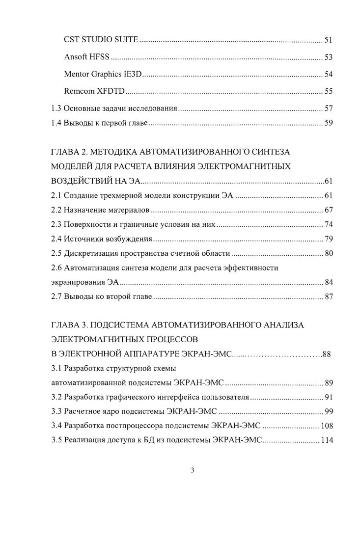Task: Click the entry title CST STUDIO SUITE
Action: pos(101,39)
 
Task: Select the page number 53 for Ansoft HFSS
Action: pos(329,57)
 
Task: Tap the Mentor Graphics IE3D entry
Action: pos(103,75)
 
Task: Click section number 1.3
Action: pos(56,108)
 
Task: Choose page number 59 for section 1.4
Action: pos(329,123)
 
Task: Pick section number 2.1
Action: pos(56,196)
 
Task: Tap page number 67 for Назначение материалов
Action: pos(329,211)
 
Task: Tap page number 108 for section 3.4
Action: pos(327,426)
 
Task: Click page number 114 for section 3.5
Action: pos(327,440)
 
